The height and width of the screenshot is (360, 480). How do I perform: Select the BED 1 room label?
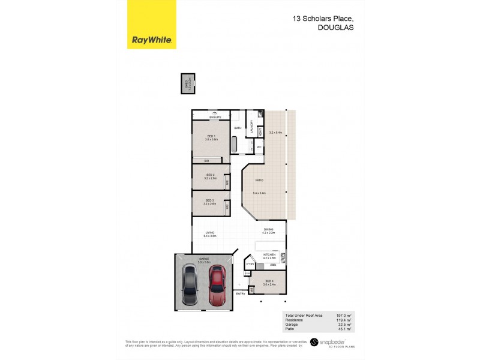211,136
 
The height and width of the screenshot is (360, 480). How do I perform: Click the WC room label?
259,147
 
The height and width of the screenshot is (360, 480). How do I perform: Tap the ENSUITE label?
215,117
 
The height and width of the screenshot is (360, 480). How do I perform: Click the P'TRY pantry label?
250,263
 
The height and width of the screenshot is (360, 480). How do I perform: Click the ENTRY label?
241,293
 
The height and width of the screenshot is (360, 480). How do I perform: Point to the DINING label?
268,229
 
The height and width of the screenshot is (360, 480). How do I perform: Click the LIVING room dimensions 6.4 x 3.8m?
209,236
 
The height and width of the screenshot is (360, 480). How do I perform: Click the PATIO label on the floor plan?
259,180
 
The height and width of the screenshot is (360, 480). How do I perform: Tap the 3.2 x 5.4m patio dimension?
275,132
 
